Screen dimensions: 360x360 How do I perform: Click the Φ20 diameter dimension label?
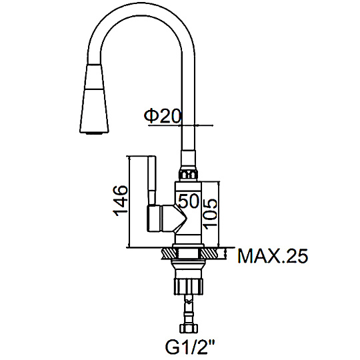click(x=163, y=116)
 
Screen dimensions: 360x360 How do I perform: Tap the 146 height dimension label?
click(x=120, y=201)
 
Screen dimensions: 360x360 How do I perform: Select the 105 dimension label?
click(x=210, y=214)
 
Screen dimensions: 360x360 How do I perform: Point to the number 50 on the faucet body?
click(x=189, y=201)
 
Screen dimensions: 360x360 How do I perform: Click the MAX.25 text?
click(x=273, y=256)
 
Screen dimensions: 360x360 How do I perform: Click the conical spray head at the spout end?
click(x=94, y=99)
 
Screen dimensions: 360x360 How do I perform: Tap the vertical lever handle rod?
click(x=152, y=181)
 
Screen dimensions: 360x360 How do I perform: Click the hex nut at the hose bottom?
click(x=188, y=328)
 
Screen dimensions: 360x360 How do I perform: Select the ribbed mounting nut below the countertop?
click(x=188, y=286)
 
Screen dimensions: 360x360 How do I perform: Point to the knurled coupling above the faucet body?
click(x=188, y=175)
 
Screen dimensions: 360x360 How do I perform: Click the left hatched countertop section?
click(x=169, y=254)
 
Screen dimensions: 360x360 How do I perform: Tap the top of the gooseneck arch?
click(x=141, y=9)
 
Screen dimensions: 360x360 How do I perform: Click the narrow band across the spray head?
click(x=94, y=89)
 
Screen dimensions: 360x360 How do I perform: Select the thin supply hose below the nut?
click(x=189, y=309)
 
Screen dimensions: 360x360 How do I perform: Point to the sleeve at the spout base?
click(x=189, y=160)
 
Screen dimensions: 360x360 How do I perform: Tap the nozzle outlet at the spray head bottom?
click(x=94, y=133)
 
